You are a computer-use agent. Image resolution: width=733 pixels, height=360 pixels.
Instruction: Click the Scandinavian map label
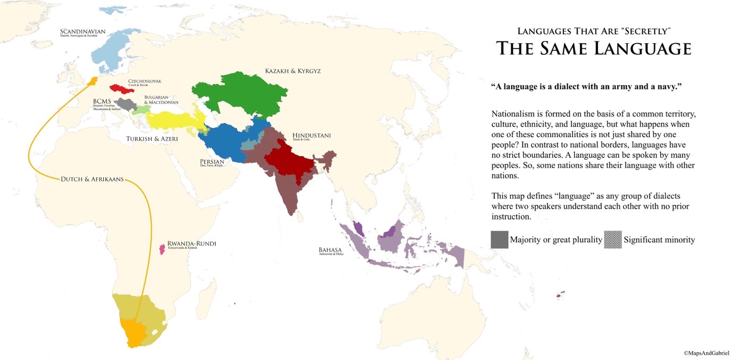coord(82,32)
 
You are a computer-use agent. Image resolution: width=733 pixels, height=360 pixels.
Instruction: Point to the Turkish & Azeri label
coord(151,139)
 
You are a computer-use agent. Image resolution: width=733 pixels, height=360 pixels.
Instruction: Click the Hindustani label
coord(311,136)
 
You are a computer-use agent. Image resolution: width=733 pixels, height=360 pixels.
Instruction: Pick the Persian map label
coord(212,161)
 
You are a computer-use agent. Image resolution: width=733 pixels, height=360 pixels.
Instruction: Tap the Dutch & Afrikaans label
coord(92,179)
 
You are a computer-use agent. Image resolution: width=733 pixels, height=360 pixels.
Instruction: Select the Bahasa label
coord(330,250)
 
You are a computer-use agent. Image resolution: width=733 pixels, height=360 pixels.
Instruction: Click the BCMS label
coord(103,101)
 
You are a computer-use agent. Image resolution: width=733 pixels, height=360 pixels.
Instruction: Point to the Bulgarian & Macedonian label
coord(161,100)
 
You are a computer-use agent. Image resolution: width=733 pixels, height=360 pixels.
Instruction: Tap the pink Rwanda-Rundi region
coord(162,248)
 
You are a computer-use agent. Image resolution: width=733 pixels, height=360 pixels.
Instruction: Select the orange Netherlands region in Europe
coord(93,81)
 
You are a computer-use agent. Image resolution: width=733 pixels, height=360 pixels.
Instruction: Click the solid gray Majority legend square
coord(499,240)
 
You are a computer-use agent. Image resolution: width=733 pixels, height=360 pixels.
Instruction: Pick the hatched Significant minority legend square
coord(613,240)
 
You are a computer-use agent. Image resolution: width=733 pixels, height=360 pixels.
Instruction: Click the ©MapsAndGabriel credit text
coord(706,353)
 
